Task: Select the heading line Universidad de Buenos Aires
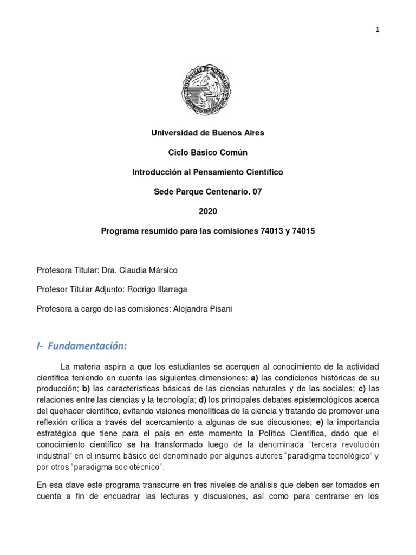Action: pyautogui.click(x=208, y=132)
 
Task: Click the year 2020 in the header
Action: pyautogui.click(x=208, y=211)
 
